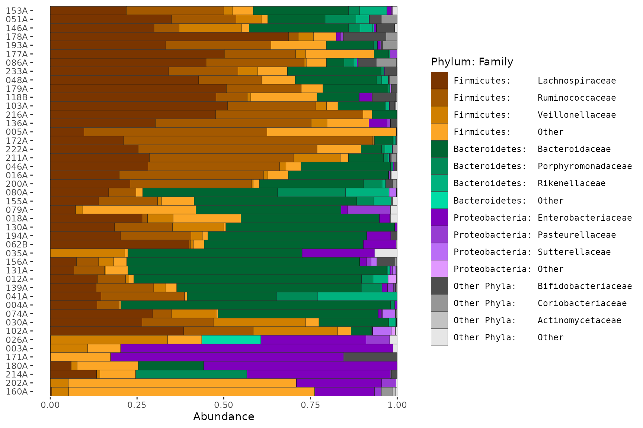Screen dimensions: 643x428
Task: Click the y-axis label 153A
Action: pyautogui.click(x=17, y=11)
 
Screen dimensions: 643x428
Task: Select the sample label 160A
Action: pyautogui.click(x=17, y=392)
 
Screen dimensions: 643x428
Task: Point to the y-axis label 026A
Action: pyautogui.click(x=17, y=340)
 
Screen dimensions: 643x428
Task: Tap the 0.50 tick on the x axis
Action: pyautogui.click(x=224, y=405)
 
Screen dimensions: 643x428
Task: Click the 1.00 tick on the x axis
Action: pyautogui.click(x=397, y=405)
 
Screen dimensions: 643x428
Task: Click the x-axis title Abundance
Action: pyautogui.click(x=224, y=416)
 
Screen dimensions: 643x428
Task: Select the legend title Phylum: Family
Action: pyautogui.click(x=472, y=62)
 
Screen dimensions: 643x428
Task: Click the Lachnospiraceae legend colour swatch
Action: pyautogui.click(x=439, y=81)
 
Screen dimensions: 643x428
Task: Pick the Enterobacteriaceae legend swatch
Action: pyautogui.click(x=439, y=218)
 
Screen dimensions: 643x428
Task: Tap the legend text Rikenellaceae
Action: pyautogui.click(x=572, y=183)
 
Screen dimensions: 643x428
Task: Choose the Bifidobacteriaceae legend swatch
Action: pyautogui.click(x=439, y=286)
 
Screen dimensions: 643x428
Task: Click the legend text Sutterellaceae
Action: pyautogui.click(x=574, y=252)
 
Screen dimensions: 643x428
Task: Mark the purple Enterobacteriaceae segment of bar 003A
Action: pyautogui.click(x=257, y=348)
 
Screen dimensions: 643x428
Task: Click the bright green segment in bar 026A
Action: pyautogui.click(x=231, y=340)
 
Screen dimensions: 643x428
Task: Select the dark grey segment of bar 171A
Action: pyautogui.click(x=370, y=357)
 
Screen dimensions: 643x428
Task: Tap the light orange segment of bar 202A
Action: pyautogui.click(x=182, y=383)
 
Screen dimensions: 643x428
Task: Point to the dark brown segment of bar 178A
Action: pyautogui.click(x=169, y=36)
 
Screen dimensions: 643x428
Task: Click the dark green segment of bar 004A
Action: pyautogui.click(x=256, y=305)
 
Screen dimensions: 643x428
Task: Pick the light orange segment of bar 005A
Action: pyautogui.click(x=332, y=132)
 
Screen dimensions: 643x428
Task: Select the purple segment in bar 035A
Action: pyautogui.click(x=338, y=253)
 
